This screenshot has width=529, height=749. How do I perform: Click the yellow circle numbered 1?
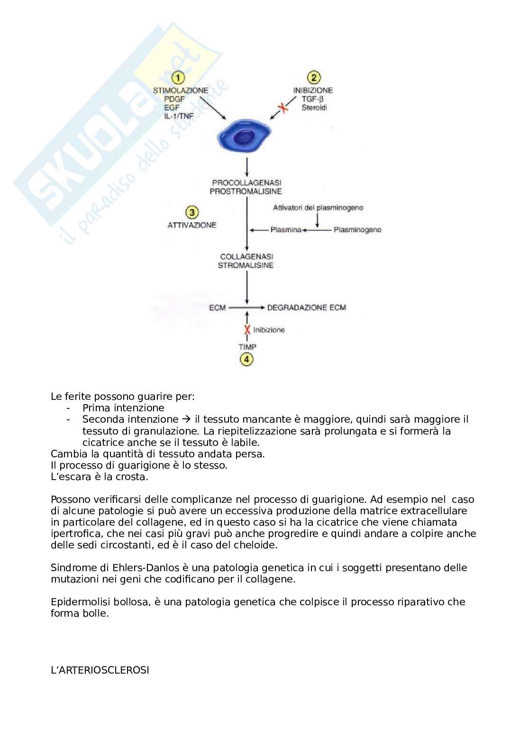click(178, 77)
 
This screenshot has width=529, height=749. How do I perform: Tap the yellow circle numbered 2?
click(313, 77)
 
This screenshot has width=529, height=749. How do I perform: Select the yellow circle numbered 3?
click(192, 212)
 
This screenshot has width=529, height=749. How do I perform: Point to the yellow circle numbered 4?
click(246, 359)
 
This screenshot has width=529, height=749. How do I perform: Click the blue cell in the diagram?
click(244, 137)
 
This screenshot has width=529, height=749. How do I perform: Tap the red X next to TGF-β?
click(283, 108)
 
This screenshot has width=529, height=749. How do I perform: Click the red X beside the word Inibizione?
click(247, 330)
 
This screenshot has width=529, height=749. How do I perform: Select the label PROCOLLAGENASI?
click(246, 183)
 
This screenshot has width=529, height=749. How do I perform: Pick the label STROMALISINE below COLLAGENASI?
click(246, 266)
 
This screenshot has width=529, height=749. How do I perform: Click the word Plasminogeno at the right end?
click(357, 230)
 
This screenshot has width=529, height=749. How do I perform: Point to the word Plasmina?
click(286, 230)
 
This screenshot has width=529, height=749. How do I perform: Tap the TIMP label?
click(247, 347)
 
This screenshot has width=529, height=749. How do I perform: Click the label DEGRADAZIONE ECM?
click(306, 308)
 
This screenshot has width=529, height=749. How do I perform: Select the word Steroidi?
click(314, 108)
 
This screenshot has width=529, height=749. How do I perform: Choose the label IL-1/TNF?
click(180, 116)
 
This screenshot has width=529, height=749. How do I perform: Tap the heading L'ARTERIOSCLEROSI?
click(100, 670)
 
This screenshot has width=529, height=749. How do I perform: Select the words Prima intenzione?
click(123, 408)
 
